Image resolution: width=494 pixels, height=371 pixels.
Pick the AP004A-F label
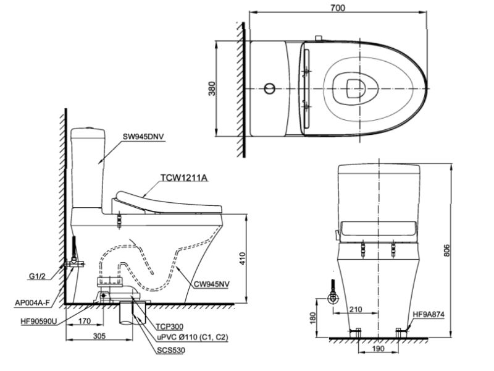[x=30, y=303]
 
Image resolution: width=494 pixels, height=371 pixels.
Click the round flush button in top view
[x=267, y=90]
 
